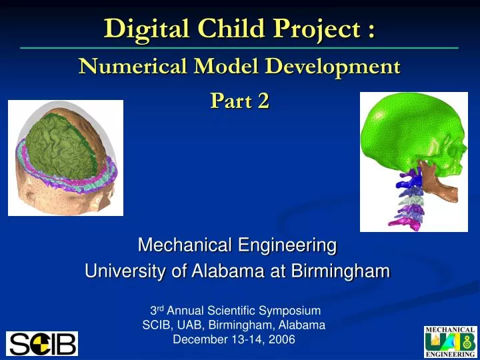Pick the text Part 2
point(239,101)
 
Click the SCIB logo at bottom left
point(42,343)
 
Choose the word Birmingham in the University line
point(342,272)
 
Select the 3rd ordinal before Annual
point(157,310)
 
